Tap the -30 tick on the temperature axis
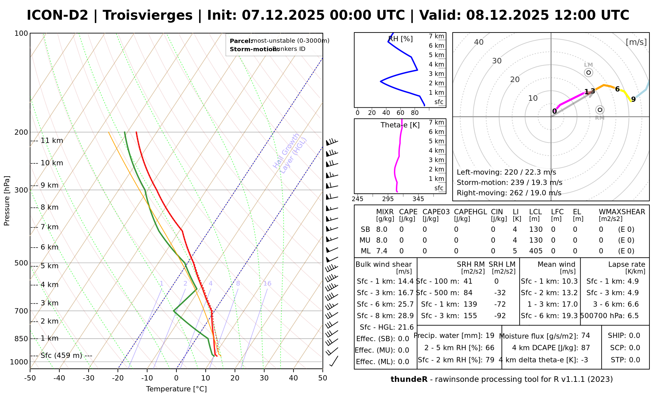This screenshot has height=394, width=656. coord(89,378)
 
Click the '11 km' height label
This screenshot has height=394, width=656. coord(51,141)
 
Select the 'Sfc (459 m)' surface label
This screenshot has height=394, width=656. coord(61,356)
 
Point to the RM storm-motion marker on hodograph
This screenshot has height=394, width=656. coord(600,110)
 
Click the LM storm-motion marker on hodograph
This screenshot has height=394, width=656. coord(588,73)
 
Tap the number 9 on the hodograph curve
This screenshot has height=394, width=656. coord(633,99)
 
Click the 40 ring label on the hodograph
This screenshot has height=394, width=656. coord(479,42)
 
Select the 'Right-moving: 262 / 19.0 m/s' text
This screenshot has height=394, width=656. coord(509,193)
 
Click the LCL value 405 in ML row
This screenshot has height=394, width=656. coord(536,251)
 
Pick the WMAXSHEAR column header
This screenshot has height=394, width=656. coord(622,212)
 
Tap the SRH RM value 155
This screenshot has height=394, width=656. coord(470,316)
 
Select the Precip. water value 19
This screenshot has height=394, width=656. coord(490,336)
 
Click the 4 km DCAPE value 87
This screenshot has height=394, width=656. coord(585,348)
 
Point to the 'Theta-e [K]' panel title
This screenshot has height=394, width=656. coord(400,125)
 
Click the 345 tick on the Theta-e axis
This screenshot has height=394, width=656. coord(418,199)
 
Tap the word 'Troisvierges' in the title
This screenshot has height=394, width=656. coord(148,15)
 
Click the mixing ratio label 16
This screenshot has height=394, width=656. coord(267,283)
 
